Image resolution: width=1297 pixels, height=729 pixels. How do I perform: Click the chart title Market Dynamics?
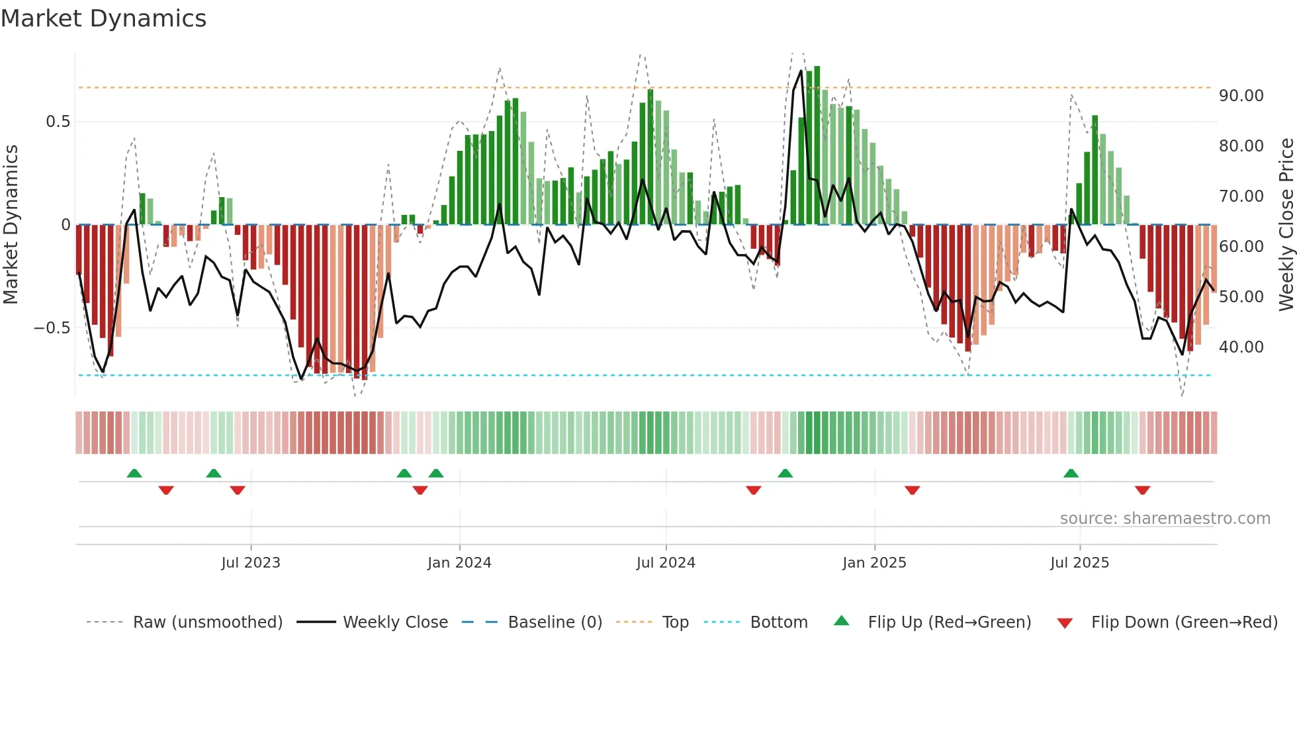103,19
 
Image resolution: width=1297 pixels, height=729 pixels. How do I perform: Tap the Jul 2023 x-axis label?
251,563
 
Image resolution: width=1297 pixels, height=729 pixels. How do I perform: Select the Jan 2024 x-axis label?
459,563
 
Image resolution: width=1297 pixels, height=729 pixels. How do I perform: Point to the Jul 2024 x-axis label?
666,563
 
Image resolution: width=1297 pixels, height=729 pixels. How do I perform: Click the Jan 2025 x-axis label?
874,563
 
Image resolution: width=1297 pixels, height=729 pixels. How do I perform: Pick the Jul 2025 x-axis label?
1079,563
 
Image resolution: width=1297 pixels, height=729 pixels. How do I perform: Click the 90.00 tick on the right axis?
1241,96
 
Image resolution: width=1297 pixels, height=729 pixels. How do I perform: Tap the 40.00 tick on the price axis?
1241,347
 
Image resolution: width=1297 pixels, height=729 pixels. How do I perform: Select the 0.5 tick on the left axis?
58,122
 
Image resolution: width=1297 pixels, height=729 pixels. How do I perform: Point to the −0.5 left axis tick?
52,328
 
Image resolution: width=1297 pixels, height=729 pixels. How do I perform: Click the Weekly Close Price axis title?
1286,225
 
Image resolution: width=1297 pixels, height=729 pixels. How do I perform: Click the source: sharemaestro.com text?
1165,519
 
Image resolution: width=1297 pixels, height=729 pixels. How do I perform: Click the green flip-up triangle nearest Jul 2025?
1071,473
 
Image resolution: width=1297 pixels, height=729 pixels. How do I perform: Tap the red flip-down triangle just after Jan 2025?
912,490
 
